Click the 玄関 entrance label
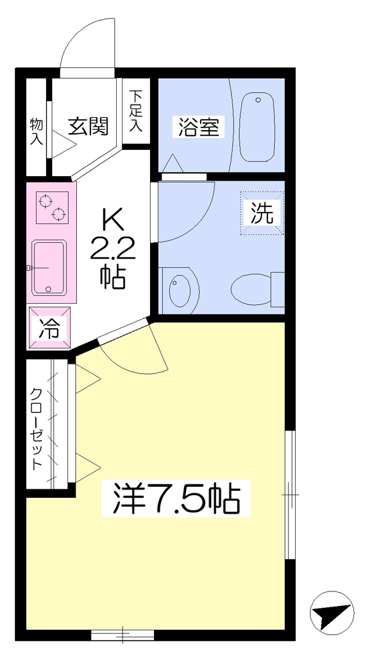pyautogui.click(x=89, y=126)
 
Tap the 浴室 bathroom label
pyautogui.click(x=199, y=127)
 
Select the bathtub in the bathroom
pyautogui.click(x=257, y=127)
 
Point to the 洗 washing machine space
pyautogui.click(x=262, y=213)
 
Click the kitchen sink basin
pyautogui.click(x=49, y=267)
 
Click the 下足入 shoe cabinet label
pyautogui.click(x=136, y=111)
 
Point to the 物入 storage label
pyautogui.click(x=37, y=132)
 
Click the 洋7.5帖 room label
pyautogui.click(x=176, y=498)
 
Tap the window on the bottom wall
pyautogui.click(x=123, y=635)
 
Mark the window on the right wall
pyautogui.click(x=291, y=495)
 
